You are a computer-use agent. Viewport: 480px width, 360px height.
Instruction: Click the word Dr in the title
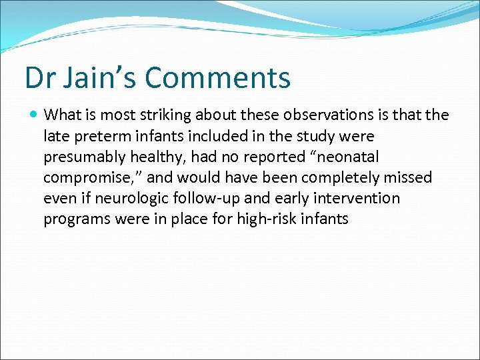click(39, 77)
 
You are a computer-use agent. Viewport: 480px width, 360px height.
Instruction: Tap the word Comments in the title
click(218, 77)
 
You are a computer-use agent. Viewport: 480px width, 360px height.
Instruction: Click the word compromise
click(85, 178)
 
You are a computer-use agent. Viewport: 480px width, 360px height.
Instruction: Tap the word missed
click(409, 178)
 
